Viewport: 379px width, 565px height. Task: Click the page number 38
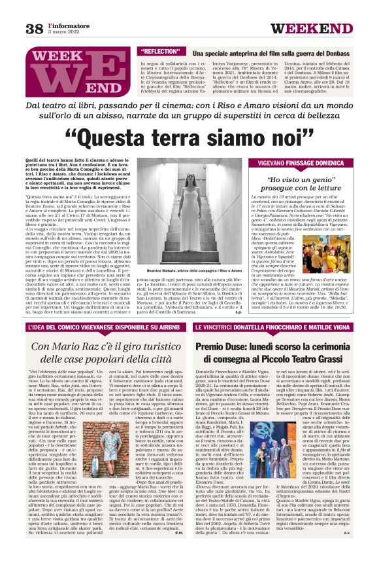click(x=33, y=28)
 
